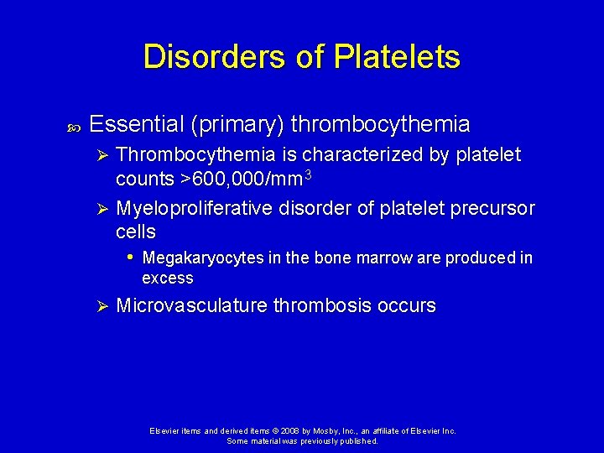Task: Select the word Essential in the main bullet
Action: pos(136,125)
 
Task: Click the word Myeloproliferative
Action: pos(194,208)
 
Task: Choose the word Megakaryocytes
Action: pos(203,258)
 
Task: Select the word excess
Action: pos(168,278)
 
